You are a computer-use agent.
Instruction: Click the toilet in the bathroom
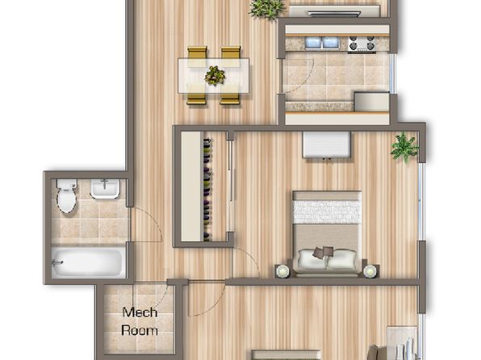(66, 196)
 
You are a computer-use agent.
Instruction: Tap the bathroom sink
(105, 188)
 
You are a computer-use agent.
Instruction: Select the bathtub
(88, 262)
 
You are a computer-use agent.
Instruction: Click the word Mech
(140, 312)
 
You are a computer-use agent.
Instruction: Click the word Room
(140, 330)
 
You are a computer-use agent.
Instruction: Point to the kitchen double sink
(322, 43)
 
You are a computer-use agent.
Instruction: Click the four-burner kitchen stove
(362, 44)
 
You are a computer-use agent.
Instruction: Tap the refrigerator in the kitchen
(372, 101)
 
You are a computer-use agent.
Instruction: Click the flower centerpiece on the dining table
(215, 76)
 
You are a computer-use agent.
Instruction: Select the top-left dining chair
(197, 52)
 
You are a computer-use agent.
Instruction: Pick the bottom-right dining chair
(230, 98)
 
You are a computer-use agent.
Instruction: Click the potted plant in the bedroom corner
(404, 147)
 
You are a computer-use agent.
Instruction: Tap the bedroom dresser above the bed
(327, 144)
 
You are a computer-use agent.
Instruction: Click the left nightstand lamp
(282, 270)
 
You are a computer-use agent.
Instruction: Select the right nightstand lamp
(370, 270)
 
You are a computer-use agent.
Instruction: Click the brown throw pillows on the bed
(323, 252)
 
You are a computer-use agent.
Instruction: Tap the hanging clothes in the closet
(207, 190)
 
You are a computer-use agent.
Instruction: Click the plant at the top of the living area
(267, 9)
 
